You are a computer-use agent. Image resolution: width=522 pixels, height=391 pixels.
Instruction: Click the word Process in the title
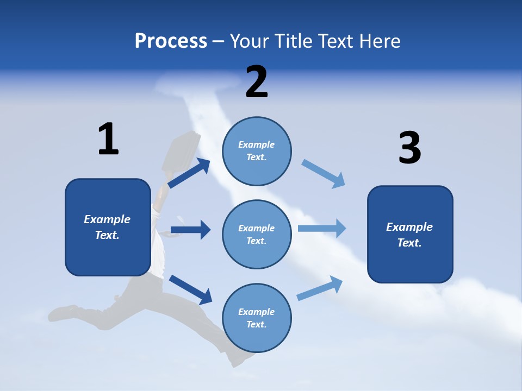click(171, 41)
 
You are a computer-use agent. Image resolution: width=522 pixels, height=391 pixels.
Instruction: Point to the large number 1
click(108, 139)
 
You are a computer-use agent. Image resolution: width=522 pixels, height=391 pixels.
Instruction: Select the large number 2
click(257, 82)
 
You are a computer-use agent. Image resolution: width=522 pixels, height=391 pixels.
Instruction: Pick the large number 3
click(409, 148)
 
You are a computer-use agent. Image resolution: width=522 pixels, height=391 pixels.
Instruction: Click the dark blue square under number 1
click(108, 227)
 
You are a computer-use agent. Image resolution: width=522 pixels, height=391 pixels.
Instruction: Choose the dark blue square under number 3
click(410, 234)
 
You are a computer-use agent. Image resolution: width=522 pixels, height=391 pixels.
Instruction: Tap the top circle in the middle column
click(257, 151)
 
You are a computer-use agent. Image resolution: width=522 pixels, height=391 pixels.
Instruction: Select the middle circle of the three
click(257, 234)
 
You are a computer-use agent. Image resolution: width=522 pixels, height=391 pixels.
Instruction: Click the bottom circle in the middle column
click(257, 318)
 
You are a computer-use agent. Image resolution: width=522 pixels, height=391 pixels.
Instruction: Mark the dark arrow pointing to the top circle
click(189, 173)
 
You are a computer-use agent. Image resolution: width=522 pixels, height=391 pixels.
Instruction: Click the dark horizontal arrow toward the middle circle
click(190, 230)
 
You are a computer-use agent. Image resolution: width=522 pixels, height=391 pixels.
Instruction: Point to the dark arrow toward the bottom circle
click(190, 289)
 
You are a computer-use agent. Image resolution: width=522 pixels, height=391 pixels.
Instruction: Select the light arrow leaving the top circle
click(323, 174)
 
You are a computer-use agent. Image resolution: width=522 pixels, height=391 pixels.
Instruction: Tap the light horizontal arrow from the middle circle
click(322, 228)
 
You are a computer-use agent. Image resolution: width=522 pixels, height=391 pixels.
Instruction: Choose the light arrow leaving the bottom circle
click(320, 288)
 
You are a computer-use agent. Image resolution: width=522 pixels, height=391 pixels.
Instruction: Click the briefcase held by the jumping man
click(179, 152)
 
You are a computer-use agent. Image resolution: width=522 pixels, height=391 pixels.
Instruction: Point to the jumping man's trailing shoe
click(63, 313)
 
